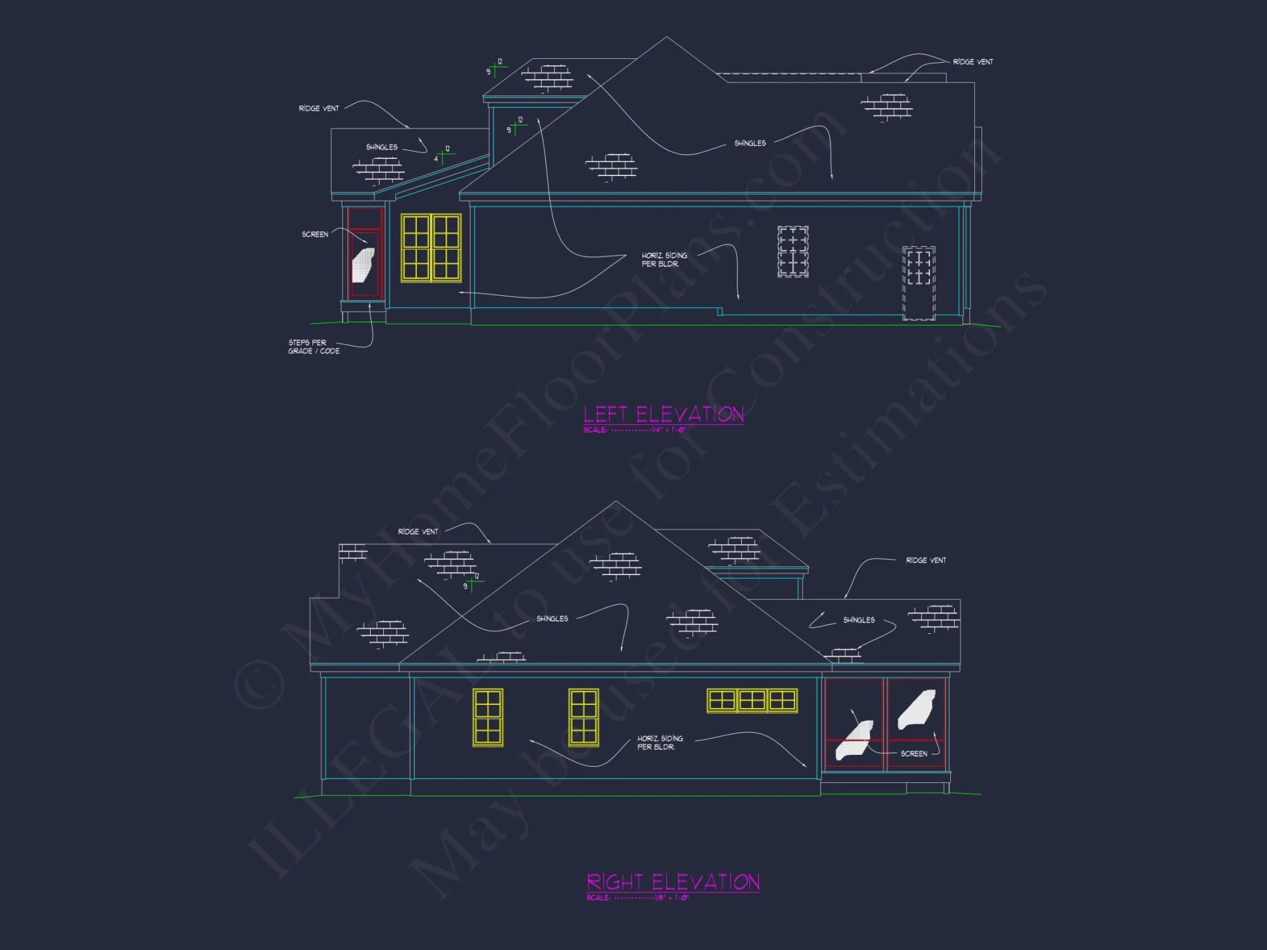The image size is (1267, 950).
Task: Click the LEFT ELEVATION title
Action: click(663, 414)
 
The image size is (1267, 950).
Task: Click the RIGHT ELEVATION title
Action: click(673, 882)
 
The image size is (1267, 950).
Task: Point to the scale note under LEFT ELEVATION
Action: click(634, 430)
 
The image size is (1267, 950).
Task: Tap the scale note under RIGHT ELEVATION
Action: click(637, 897)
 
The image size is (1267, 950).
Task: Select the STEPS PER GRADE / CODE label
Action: click(314, 346)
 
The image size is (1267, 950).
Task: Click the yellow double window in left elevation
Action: click(431, 248)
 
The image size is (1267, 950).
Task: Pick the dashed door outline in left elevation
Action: click(919, 283)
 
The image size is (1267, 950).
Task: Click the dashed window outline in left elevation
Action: click(793, 251)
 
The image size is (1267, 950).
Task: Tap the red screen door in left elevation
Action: click(365, 253)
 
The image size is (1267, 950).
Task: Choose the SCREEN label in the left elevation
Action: click(315, 234)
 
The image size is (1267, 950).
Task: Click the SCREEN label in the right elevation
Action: click(914, 754)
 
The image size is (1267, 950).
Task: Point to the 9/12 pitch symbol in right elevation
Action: click(472, 582)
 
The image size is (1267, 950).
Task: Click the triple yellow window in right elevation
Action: click(752, 700)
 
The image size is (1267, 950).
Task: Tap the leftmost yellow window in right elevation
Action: click(488, 718)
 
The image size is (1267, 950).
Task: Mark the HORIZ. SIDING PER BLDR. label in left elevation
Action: click(664, 260)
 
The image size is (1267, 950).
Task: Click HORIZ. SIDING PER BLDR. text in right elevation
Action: click(659, 743)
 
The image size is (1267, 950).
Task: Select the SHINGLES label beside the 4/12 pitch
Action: click(381, 147)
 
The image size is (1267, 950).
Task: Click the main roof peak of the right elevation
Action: click(616, 503)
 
